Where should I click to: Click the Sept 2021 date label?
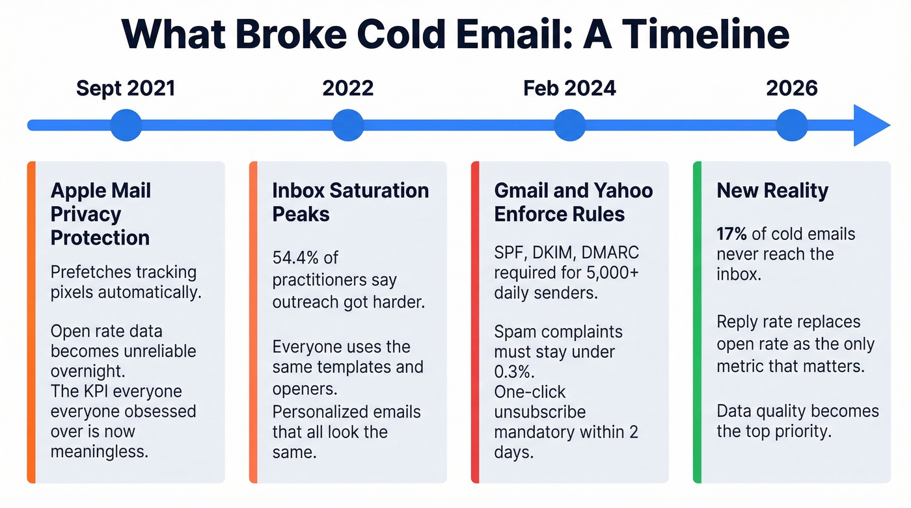coord(126,88)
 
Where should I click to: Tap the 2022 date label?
coord(348,88)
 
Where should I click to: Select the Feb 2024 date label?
coord(569,88)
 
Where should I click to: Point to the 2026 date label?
coord(792,88)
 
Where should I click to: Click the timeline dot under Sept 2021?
coord(126,125)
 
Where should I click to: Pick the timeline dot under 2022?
coord(348,125)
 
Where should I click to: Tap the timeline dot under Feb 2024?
coord(570,125)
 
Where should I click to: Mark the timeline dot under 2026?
coord(792,125)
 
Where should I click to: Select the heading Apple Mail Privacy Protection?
coord(101,214)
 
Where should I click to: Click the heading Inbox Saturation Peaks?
coord(350,202)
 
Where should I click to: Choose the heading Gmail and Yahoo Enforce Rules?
coord(573,202)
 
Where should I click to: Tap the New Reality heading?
coord(772,191)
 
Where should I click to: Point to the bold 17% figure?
coord(731,234)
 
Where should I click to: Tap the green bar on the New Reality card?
coord(697,322)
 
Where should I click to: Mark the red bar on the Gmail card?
coord(475,322)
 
